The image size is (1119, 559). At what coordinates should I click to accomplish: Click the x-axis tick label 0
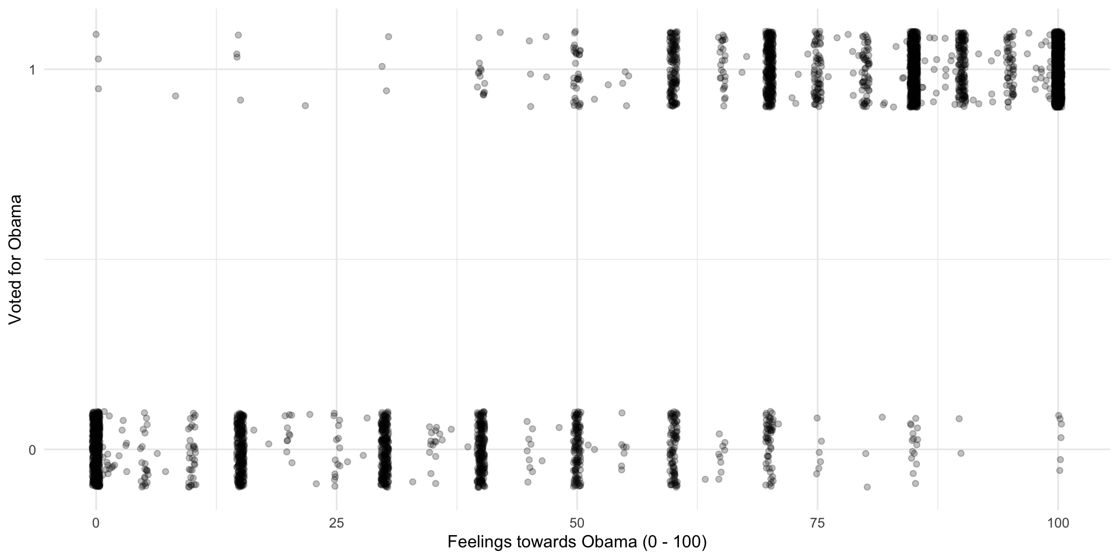click(96, 523)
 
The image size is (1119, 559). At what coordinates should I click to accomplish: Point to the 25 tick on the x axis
click(336, 523)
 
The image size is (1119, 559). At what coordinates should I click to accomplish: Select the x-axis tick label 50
click(577, 523)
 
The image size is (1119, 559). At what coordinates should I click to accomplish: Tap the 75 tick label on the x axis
click(818, 523)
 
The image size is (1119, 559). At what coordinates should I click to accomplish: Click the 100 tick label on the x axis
click(1058, 523)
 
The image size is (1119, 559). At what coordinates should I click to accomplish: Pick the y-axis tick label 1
click(33, 70)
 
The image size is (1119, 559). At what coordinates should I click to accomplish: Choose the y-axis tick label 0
click(33, 450)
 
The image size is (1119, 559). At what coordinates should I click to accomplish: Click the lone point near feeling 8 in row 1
click(175, 95)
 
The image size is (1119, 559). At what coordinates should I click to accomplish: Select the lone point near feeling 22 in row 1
click(305, 105)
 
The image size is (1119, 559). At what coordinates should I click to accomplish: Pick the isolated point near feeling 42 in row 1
click(499, 33)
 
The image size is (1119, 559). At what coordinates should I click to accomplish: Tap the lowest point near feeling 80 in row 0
click(867, 487)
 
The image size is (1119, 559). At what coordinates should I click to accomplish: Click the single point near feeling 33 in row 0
click(413, 482)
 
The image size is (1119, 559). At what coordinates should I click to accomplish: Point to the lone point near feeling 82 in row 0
click(882, 417)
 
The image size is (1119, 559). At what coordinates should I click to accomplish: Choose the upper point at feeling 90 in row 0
click(959, 419)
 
